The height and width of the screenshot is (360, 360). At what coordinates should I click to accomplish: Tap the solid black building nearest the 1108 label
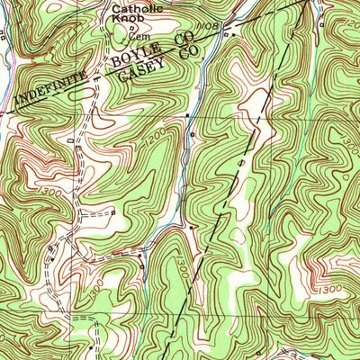226,36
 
